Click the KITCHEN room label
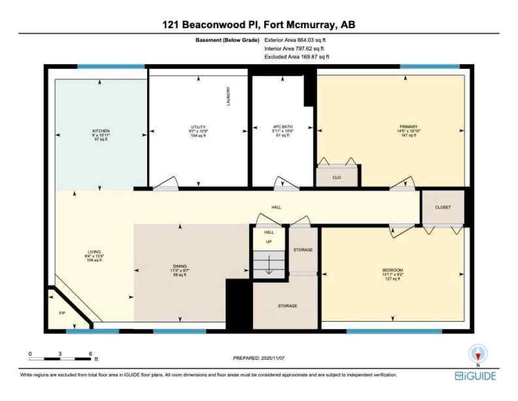coord(101,131)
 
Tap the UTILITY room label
coord(198,127)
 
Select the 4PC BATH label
coord(283,127)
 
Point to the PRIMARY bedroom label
coord(405,126)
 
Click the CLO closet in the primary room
coord(337,178)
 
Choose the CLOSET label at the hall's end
coord(442,207)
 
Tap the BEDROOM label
coord(392,270)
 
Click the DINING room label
coord(180,266)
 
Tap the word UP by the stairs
coord(269,241)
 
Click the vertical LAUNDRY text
coord(228,97)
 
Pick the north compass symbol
coord(478,353)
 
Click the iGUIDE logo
coord(475,376)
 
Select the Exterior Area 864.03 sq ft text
coord(296,40)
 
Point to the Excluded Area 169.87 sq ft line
coord(297,56)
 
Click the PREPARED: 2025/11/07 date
coord(259,359)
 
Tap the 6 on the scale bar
coord(90,353)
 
